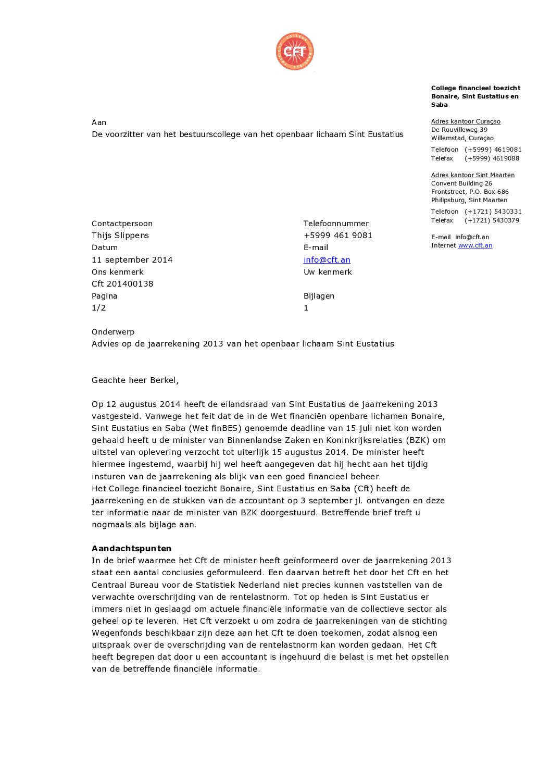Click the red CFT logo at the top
295,51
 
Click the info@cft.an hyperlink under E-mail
327,259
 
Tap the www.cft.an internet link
475,245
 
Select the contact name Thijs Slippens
120,236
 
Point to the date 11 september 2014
132,259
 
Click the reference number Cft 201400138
122,284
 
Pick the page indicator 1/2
98,308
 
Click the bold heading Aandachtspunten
131,549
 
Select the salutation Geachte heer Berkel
135,380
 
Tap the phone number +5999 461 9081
337,236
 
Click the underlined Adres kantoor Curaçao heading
466,121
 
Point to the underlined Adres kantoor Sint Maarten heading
472,175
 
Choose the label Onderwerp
113,332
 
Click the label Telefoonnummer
336,224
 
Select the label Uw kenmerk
328,272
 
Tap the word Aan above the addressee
99,122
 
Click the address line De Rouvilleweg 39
459,130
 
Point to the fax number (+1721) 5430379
493,220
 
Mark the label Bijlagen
319,296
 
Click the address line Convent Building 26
461,183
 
